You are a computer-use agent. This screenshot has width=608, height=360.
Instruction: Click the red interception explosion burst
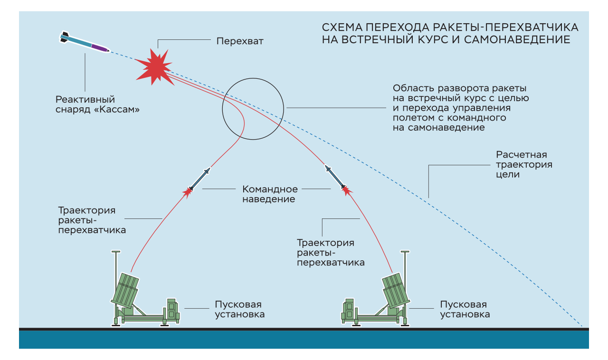(x=153, y=67)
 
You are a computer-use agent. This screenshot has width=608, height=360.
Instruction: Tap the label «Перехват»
(x=239, y=41)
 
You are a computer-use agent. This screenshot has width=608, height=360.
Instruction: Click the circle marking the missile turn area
(x=253, y=109)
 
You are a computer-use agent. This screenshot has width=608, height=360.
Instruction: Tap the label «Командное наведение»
(x=270, y=194)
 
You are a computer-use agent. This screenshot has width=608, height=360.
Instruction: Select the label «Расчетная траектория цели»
(x=524, y=165)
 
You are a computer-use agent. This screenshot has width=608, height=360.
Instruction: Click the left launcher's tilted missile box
(x=125, y=290)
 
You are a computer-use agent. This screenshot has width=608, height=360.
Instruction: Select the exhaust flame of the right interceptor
(x=346, y=190)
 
